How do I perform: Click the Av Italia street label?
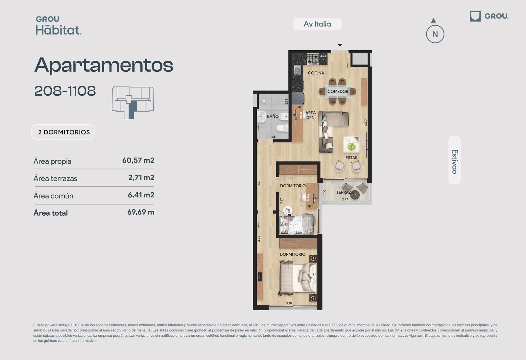tap(317, 24)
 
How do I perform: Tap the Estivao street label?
tap(455, 162)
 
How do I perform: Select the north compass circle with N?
tap(435, 34)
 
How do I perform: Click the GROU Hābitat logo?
tap(59, 26)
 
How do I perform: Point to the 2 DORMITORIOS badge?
tap(63, 132)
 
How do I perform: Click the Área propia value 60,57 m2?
tap(138, 160)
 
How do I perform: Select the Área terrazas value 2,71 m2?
tap(141, 178)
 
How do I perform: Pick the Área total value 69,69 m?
tap(141, 212)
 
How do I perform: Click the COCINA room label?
tap(316, 73)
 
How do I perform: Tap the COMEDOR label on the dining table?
tap(338, 91)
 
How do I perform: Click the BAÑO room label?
tap(273, 116)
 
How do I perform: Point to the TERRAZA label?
tap(345, 192)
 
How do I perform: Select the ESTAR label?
tap(351, 158)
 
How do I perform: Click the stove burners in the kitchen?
tap(313, 59)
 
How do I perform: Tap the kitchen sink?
tap(297, 70)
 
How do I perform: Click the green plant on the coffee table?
tap(351, 147)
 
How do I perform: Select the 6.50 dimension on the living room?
tap(366, 123)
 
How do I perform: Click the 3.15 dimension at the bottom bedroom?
tap(289, 303)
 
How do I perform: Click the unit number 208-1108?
tap(65, 91)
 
